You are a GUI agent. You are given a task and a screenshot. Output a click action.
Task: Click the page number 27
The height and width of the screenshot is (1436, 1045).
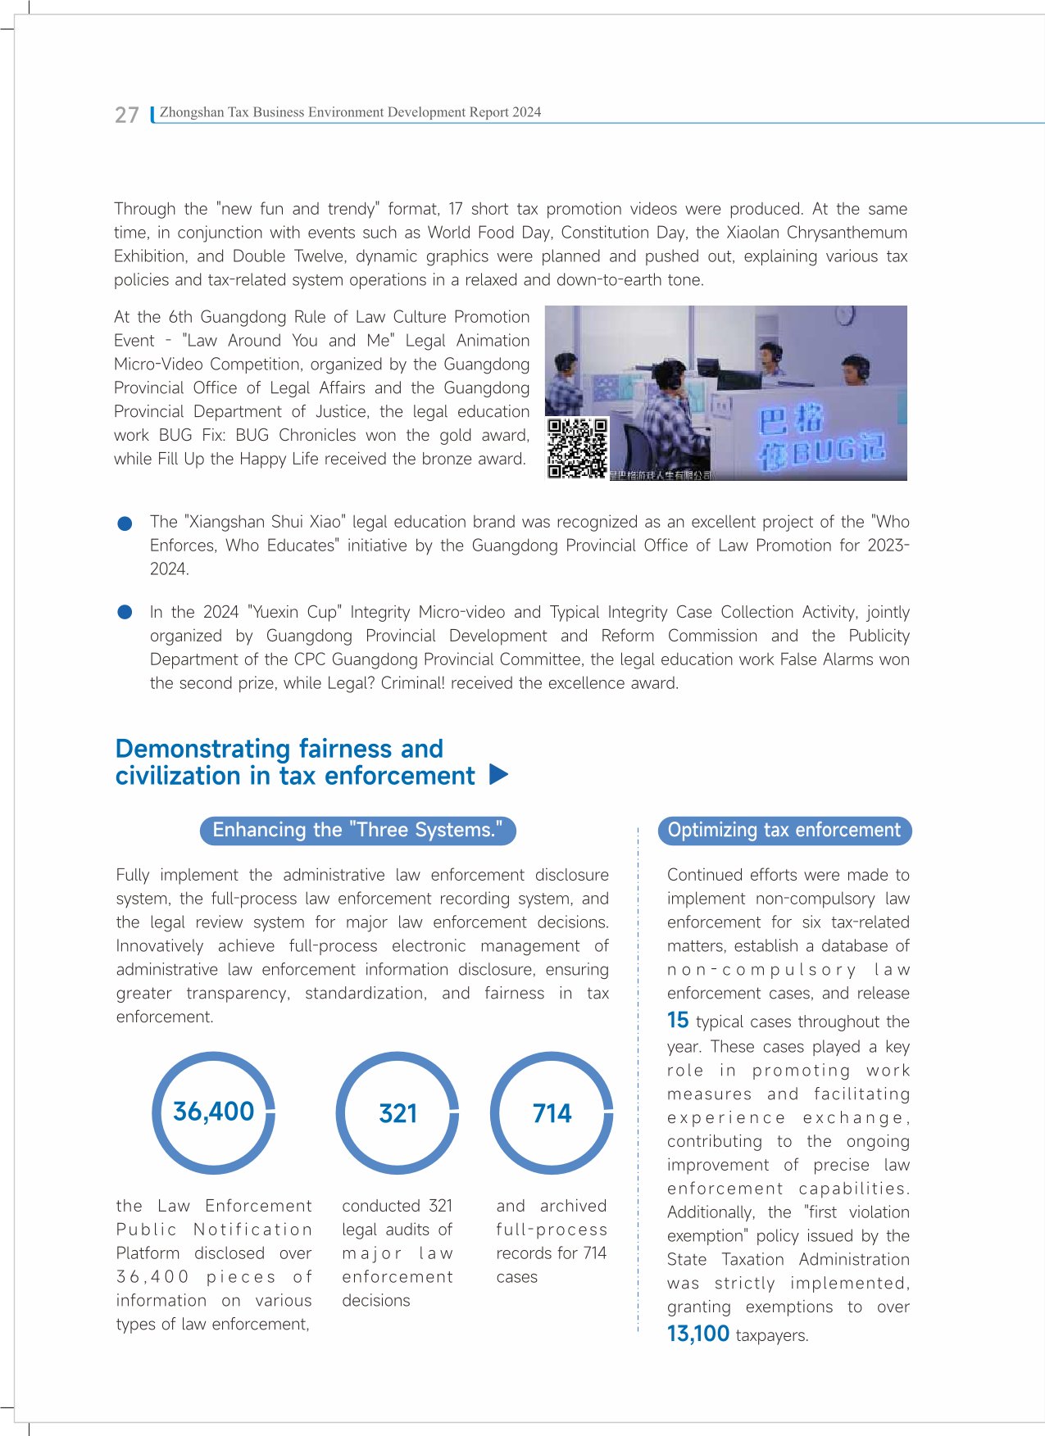tap(127, 115)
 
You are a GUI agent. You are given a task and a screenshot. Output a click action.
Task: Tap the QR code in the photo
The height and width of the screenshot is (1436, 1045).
tap(578, 447)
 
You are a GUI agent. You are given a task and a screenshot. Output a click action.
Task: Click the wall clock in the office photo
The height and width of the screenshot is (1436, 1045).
tap(845, 315)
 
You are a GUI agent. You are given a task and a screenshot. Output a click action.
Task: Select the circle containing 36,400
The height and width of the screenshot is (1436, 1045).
tap(213, 1112)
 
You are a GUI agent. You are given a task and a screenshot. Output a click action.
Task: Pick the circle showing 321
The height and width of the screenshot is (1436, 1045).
tap(398, 1113)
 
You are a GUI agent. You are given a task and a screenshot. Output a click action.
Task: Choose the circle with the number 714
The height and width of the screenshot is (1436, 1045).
tap(552, 1113)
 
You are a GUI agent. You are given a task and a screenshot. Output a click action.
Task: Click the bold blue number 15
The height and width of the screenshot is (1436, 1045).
tap(678, 1020)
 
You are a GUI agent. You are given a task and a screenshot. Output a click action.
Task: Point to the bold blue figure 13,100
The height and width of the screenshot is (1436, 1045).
tap(698, 1334)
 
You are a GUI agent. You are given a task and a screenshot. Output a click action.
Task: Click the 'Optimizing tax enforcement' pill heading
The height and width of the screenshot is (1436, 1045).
tap(784, 830)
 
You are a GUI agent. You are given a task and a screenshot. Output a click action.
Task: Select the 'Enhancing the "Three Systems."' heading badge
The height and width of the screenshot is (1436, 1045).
tap(357, 830)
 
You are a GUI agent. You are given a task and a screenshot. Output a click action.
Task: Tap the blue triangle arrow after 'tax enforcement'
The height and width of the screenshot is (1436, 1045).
tap(498, 774)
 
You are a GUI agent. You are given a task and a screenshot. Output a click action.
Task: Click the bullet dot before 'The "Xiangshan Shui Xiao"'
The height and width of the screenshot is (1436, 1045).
tap(125, 523)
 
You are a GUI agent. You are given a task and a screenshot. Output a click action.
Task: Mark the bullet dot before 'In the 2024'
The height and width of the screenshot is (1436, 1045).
tap(125, 612)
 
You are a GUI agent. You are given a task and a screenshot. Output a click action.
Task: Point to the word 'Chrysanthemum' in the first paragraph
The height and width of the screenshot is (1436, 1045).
tap(847, 233)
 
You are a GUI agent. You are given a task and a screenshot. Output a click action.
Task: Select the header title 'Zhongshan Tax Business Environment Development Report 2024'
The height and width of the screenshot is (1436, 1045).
tap(350, 112)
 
